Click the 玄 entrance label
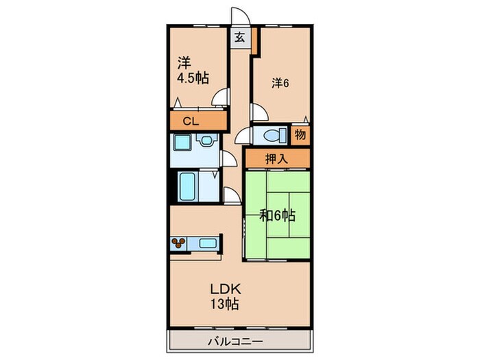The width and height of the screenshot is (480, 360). [240, 38]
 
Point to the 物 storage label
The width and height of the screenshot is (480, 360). [300, 134]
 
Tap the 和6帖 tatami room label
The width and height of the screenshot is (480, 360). [278, 215]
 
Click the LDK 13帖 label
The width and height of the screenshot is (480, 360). [224, 296]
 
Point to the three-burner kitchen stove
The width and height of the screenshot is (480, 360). [180, 242]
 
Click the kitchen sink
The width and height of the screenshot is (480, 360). [208, 242]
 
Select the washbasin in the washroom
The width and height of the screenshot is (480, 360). [206, 141]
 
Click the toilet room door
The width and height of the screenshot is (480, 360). [242, 137]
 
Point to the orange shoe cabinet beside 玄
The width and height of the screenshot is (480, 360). [254, 42]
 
